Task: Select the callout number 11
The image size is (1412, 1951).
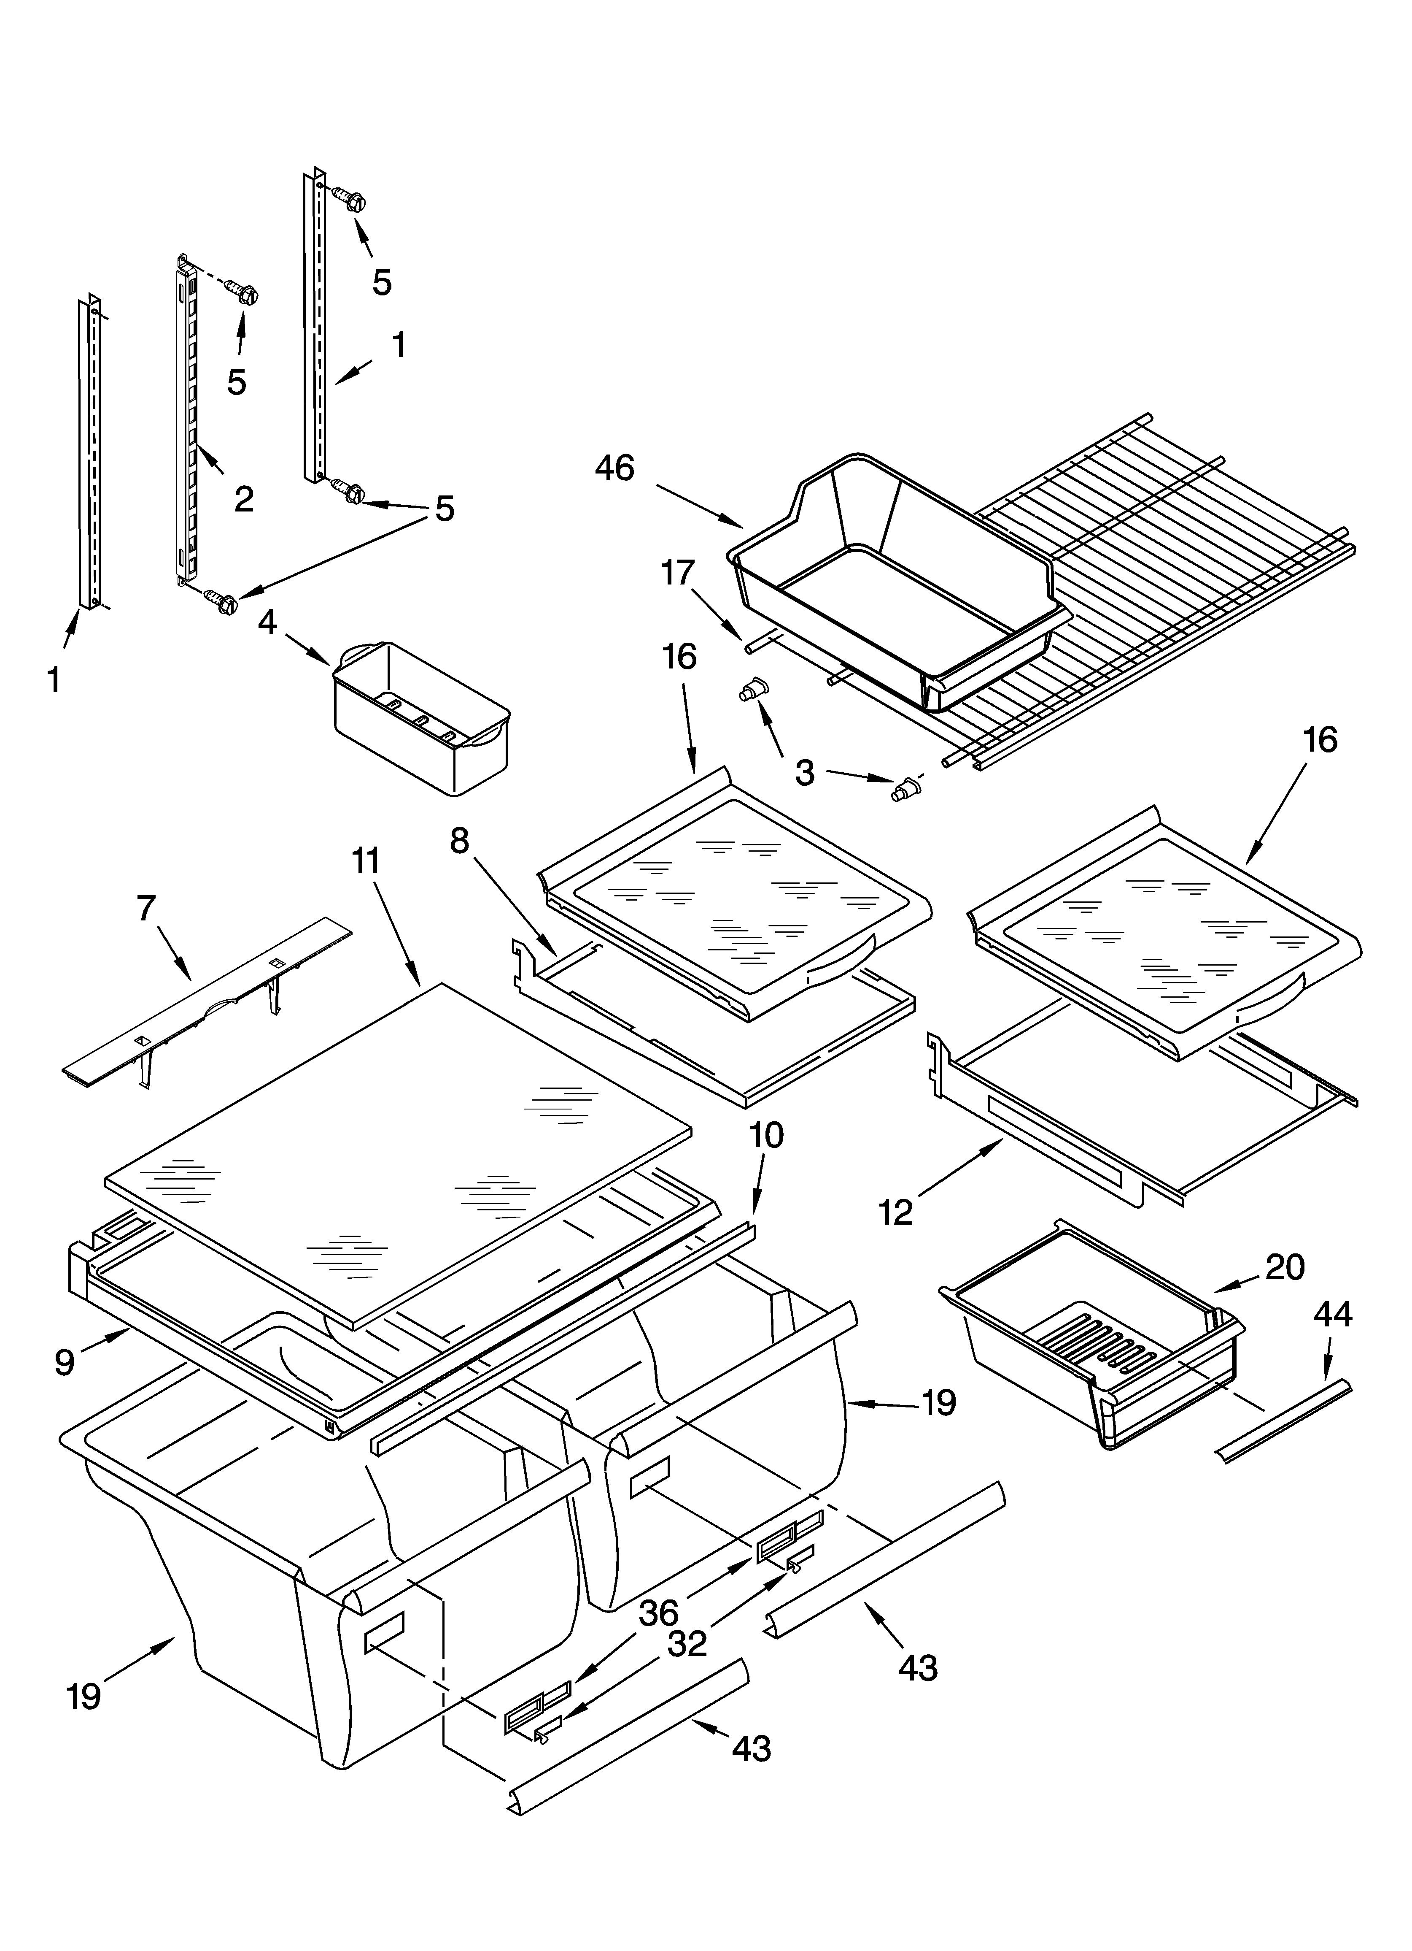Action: click(366, 860)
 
